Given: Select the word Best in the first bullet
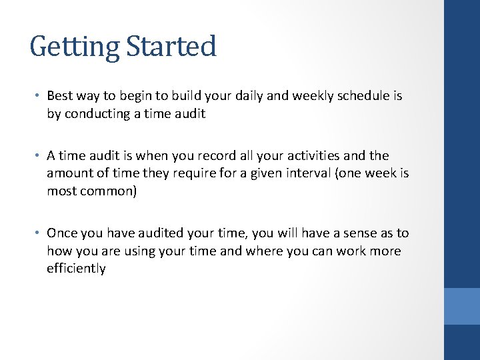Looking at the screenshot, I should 59,96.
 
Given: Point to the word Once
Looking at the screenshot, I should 62,233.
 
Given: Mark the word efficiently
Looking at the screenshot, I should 76,269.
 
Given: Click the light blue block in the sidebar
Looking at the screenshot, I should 462,306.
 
